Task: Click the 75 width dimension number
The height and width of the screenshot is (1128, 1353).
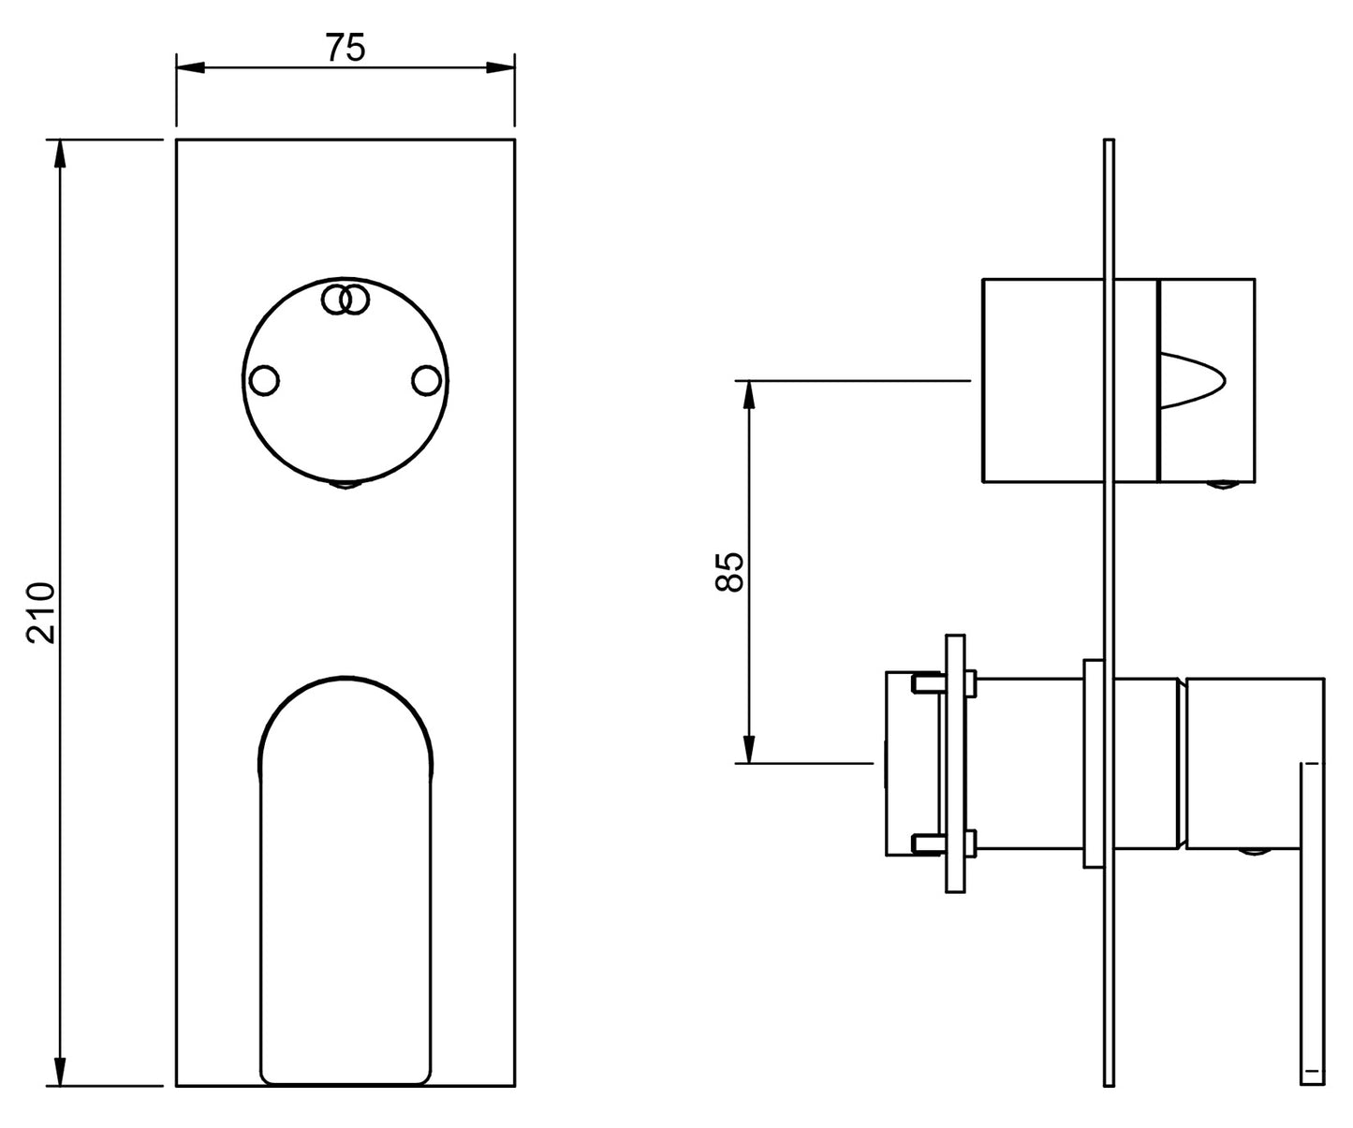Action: (x=346, y=48)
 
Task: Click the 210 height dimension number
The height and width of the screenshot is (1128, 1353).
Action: (x=41, y=613)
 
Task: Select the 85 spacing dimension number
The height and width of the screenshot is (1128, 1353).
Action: (x=729, y=571)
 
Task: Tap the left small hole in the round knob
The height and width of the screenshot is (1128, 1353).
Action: (x=264, y=380)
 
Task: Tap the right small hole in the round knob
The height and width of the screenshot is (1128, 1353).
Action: (x=426, y=380)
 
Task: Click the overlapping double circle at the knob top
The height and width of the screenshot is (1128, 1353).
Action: (x=346, y=300)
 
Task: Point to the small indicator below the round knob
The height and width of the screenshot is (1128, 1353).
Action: (x=346, y=485)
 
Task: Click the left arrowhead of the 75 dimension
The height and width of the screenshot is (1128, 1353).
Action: (x=190, y=67)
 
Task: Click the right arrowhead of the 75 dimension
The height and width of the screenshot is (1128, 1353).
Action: (x=501, y=67)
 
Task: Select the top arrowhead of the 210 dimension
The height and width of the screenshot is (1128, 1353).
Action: (x=60, y=154)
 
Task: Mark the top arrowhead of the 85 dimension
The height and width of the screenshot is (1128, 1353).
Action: (x=749, y=395)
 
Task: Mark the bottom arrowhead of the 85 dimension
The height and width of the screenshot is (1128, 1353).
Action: (x=749, y=750)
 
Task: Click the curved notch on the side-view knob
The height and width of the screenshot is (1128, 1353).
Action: (x=1192, y=380)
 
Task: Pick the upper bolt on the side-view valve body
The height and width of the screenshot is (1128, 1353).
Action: (x=944, y=684)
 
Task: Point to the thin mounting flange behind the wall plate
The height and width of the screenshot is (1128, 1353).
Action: (x=955, y=764)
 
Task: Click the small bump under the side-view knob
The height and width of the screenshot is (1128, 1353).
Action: (x=1222, y=484)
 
